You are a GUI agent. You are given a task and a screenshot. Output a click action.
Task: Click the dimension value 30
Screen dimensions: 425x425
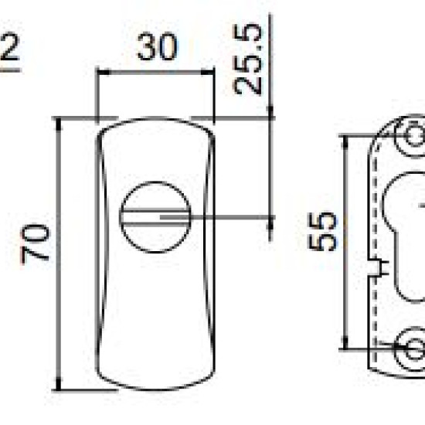[x=158, y=46]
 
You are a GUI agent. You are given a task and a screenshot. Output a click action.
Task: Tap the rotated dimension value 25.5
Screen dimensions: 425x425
[x=248, y=59]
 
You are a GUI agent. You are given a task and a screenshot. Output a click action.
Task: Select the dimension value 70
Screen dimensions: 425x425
[x=36, y=244]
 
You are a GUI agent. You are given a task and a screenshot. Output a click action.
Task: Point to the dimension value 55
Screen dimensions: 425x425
[x=322, y=231]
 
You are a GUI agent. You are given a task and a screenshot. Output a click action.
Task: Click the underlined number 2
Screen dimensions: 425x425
[x=10, y=46]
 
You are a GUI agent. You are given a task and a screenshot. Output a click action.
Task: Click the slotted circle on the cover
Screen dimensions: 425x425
[x=155, y=217]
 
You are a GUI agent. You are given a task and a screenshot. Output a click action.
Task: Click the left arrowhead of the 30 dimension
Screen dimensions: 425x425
[x=104, y=73]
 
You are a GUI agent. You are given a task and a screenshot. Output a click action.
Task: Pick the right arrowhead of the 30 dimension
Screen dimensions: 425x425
[x=208, y=73]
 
